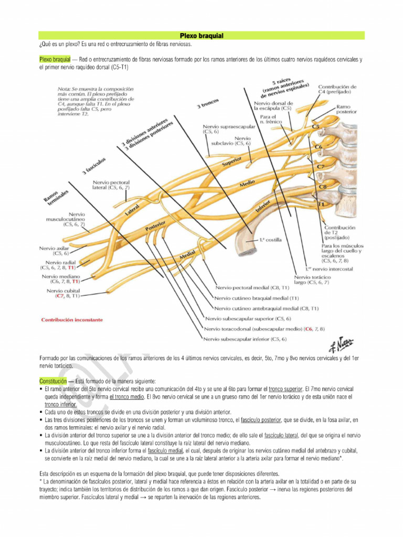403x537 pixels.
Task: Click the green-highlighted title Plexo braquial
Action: click(201, 36)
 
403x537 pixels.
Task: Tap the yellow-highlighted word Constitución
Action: click(53, 381)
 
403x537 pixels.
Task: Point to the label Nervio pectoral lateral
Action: click(110, 185)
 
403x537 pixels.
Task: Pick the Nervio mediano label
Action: click(62, 278)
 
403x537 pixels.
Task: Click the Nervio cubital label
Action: click(63, 293)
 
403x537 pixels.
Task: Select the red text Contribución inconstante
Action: click(71, 319)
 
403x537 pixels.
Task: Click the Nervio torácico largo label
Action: click(312, 280)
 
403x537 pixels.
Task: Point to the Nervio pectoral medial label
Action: click(252, 288)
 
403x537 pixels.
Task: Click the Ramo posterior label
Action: click(347, 109)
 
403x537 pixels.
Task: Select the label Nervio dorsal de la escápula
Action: click(273, 105)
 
